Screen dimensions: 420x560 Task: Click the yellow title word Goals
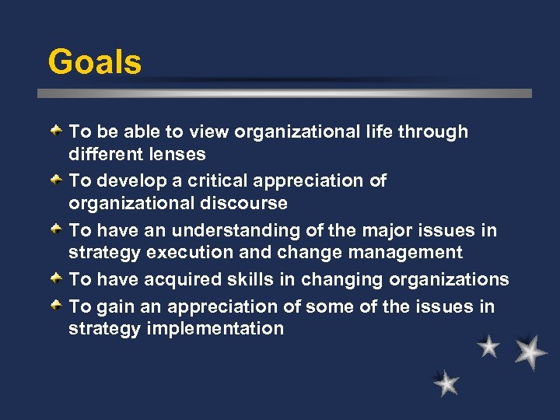coord(94,62)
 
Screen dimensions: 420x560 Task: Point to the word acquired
coord(210,280)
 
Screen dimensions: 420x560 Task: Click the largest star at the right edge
coord(530,352)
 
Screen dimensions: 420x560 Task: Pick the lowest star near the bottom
coord(446,383)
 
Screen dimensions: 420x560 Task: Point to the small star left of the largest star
coord(488,346)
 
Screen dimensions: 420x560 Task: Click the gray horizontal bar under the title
coord(285,93)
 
